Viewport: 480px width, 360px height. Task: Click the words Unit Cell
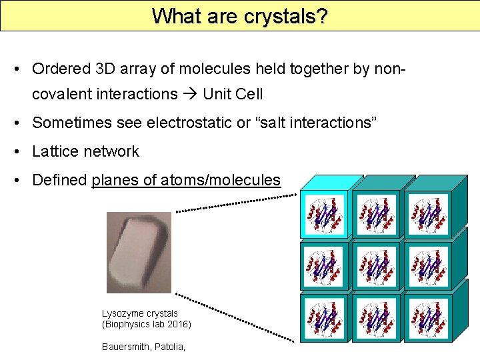click(x=233, y=94)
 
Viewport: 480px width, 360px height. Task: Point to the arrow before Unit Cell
click(x=190, y=94)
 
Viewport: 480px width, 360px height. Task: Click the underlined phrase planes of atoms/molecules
click(x=186, y=180)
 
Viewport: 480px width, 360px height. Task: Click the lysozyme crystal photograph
click(x=139, y=253)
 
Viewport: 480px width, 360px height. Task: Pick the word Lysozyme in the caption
click(x=119, y=313)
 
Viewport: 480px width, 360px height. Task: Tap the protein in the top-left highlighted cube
click(x=324, y=214)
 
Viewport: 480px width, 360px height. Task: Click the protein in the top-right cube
click(x=427, y=214)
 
